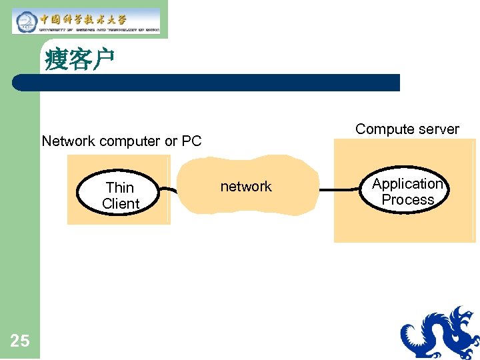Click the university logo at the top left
click(x=86, y=21)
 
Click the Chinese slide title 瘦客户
click(x=80, y=60)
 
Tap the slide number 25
click(x=20, y=341)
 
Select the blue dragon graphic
click(x=440, y=333)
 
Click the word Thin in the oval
click(x=120, y=188)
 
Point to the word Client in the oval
click(x=121, y=204)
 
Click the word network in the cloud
click(x=246, y=187)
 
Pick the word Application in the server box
click(x=407, y=184)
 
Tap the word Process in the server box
click(x=408, y=199)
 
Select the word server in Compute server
click(x=436, y=129)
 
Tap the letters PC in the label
click(x=192, y=141)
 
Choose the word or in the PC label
click(x=171, y=141)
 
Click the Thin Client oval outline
click(x=79, y=192)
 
